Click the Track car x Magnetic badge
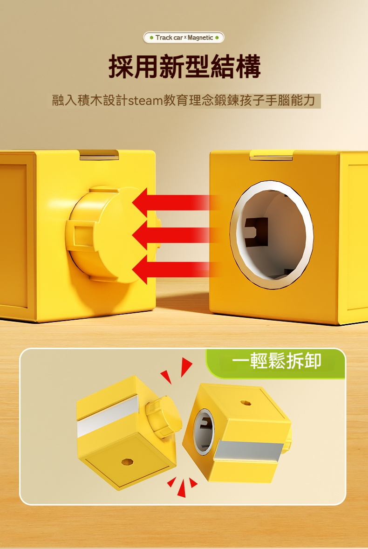pos(184,37)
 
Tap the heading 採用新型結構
pos(184,67)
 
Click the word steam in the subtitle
pos(145,101)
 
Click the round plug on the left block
pos(109,234)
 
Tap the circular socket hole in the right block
pos(272,234)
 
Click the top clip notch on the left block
pos(99,155)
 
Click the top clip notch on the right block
pos(271,155)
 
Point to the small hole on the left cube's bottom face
pos(125,461)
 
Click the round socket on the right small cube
pos(204,431)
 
